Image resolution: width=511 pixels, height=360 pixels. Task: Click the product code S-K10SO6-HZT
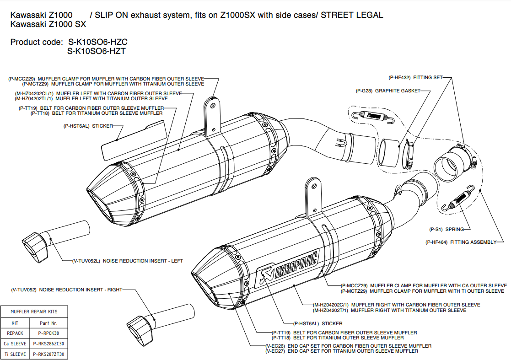tap(97, 51)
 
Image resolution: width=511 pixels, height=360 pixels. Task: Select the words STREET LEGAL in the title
tap(352, 15)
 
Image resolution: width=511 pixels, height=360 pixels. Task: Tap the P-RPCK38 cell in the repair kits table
tap(49, 333)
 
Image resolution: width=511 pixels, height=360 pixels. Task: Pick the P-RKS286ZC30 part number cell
tap(49, 344)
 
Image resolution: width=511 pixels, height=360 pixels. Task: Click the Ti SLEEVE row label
tap(15, 354)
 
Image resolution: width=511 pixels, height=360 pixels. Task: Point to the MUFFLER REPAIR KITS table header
tap(34, 312)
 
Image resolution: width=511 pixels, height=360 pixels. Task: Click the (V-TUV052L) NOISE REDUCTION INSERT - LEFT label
tap(128, 261)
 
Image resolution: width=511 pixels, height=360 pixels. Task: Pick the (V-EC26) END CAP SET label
tap(348, 346)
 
